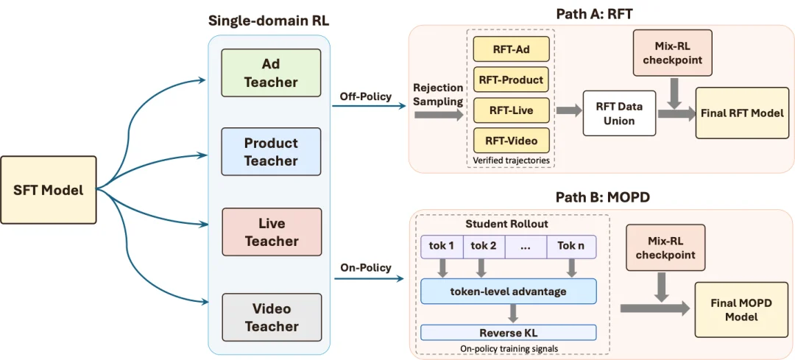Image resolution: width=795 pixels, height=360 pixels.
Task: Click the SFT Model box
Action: [48, 190]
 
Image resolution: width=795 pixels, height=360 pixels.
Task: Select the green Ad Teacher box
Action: [271, 73]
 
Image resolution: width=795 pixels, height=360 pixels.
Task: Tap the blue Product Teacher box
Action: [271, 152]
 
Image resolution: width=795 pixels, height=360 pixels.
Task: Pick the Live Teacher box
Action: [271, 232]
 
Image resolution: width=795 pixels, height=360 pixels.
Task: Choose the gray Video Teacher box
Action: [271, 317]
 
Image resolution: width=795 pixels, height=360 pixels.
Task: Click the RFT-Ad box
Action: [511, 49]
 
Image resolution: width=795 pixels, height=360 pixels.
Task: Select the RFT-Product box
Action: [511, 80]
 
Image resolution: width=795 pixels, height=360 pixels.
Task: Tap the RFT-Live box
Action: [511, 110]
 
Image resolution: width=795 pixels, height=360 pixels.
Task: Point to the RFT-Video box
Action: [511, 141]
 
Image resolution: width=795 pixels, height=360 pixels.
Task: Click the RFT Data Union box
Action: [620, 113]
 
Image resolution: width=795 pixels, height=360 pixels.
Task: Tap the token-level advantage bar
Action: [508, 292]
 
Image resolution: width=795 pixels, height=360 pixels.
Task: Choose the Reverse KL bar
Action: [508, 333]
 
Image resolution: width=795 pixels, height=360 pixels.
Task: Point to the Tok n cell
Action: [571, 247]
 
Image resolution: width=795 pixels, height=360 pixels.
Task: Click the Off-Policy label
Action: [366, 96]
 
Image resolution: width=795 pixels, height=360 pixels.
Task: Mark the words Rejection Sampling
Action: [439, 94]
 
